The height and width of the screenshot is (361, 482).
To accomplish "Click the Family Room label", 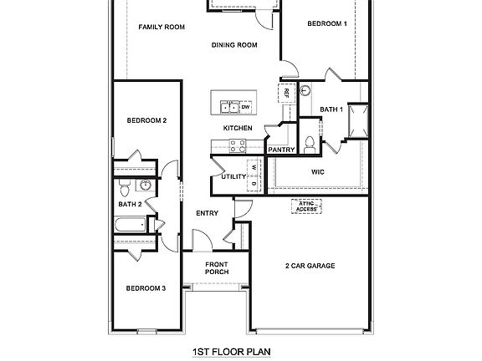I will coord(162,27).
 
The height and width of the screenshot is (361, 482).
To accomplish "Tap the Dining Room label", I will coord(234,45).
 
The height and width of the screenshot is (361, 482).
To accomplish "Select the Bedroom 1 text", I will coord(326,24).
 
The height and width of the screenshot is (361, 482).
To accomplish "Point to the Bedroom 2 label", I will coord(146,120).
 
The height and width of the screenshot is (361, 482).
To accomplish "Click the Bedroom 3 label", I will coord(146,288).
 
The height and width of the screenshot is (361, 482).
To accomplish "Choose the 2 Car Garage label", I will coord(310,266).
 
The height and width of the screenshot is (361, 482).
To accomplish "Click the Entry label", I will coord(207,213).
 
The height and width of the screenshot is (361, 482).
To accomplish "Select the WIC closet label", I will coord(318,171).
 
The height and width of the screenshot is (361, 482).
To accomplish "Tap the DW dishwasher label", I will coord(246,107).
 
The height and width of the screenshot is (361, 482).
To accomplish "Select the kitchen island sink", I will coord(228,107).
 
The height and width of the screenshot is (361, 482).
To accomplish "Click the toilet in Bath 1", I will coord(309,145).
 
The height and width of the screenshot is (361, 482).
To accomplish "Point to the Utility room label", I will coord(233,176).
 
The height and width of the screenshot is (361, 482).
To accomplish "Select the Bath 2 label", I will coord(130,203).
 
